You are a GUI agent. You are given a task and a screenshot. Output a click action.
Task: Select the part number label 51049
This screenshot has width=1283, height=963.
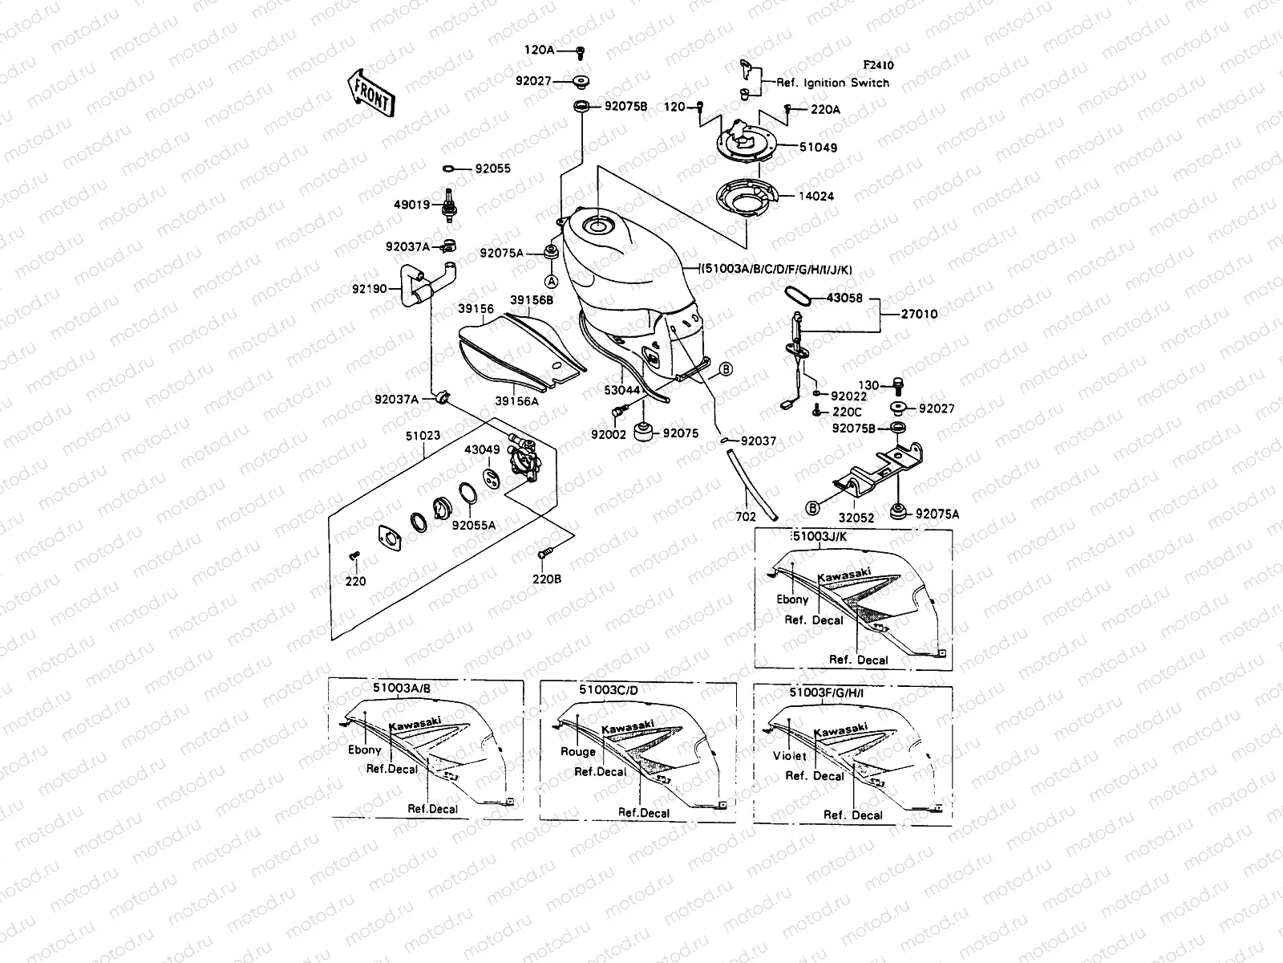(818, 148)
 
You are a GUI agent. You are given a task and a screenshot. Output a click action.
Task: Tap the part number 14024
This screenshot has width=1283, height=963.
(818, 195)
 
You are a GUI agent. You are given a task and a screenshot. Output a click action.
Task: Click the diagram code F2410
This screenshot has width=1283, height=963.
(878, 66)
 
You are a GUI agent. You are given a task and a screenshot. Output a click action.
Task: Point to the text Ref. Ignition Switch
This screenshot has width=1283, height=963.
(832, 83)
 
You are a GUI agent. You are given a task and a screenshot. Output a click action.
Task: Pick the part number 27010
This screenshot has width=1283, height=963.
(919, 315)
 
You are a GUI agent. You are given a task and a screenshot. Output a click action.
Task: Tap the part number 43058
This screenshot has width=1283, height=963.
(844, 298)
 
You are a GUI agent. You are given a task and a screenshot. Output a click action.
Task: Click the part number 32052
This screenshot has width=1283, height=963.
(856, 518)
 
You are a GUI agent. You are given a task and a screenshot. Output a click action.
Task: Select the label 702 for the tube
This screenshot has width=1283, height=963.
(745, 518)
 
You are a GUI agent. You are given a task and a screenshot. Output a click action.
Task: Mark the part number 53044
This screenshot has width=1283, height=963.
(622, 390)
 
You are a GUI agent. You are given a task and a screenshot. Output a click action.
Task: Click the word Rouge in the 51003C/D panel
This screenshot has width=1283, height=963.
(577, 752)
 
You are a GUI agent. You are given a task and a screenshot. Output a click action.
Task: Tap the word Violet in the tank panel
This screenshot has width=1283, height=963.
(789, 756)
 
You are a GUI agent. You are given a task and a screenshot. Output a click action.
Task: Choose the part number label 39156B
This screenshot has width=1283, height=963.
(531, 300)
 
